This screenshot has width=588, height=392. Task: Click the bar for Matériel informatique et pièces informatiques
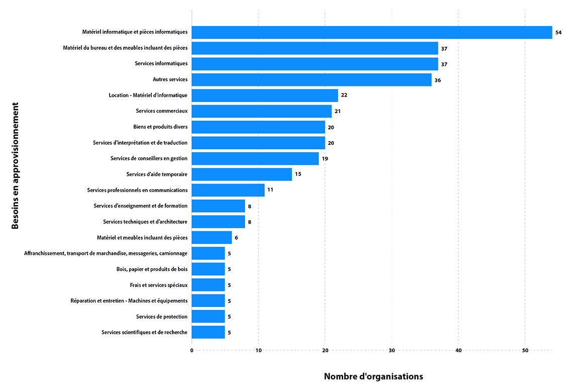372,32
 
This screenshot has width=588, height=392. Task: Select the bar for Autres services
312,79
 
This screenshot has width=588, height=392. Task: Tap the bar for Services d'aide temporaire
242,174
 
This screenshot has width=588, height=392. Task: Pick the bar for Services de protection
208,317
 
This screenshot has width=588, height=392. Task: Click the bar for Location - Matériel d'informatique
265,95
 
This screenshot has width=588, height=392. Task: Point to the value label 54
558,33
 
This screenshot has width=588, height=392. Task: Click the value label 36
438,80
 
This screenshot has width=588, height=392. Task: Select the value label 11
270,190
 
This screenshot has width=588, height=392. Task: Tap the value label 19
325,159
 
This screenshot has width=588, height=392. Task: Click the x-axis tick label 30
392,350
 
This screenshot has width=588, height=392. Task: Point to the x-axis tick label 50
525,350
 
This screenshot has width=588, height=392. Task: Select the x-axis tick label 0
192,350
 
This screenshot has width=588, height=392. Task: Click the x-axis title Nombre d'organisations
373,376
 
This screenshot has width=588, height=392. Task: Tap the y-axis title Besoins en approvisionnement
16,166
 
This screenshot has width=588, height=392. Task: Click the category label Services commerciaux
161,111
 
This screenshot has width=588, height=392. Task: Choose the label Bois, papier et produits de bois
152,269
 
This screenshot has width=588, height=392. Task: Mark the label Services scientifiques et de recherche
144,332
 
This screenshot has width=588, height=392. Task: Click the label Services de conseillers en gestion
149,158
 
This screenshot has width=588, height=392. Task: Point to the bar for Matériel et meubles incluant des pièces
212,238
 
